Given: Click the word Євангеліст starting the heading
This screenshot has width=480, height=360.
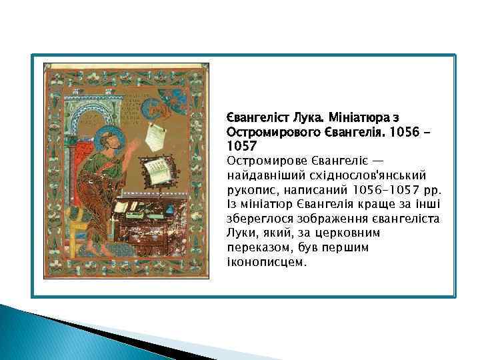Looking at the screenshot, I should [x=251, y=117].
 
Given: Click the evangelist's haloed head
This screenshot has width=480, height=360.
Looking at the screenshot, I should [x=106, y=139].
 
